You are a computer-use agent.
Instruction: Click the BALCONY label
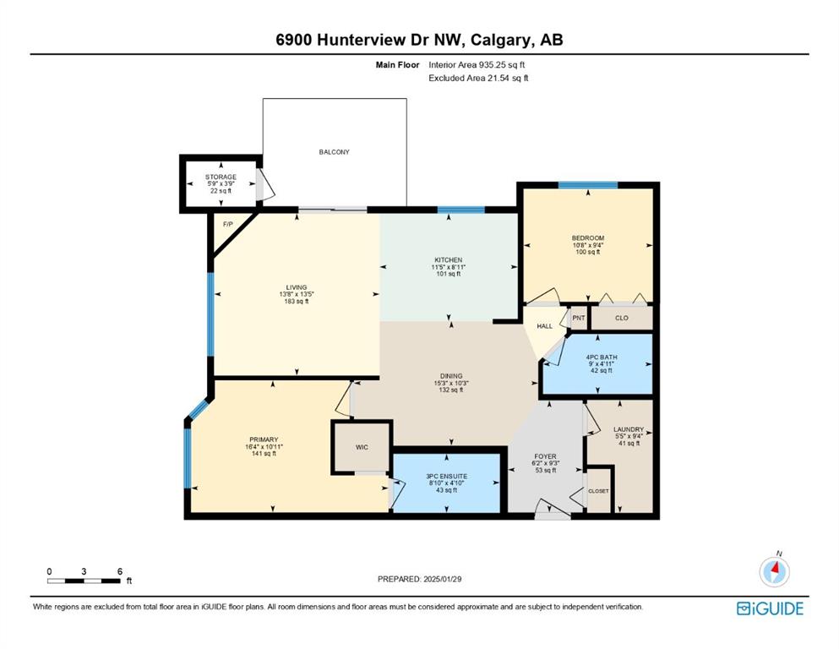(x=334, y=152)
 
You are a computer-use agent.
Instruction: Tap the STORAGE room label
(x=221, y=177)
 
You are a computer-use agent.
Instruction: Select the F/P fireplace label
(x=228, y=224)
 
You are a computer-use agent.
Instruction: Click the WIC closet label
(x=362, y=447)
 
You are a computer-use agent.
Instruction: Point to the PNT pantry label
(x=579, y=318)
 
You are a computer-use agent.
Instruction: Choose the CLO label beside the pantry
(x=621, y=318)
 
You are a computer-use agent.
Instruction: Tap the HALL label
(x=545, y=326)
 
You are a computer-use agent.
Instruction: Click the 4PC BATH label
(x=602, y=357)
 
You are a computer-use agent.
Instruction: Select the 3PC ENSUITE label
(x=447, y=476)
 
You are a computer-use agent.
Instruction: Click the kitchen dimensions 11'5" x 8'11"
(x=449, y=267)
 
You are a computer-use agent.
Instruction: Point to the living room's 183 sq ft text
(x=297, y=301)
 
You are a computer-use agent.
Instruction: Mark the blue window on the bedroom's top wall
(x=588, y=185)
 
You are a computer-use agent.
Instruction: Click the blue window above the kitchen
(x=461, y=210)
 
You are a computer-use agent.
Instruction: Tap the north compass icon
(x=774, y=571)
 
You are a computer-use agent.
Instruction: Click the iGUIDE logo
(x=770, y=609)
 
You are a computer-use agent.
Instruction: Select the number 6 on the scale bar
(x=120, y=571)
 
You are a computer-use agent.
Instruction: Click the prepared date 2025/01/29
(x=443, y=579)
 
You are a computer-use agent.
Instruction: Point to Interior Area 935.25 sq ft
(x=477, y=65)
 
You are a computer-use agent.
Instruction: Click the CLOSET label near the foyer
(x=598, y=491)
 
